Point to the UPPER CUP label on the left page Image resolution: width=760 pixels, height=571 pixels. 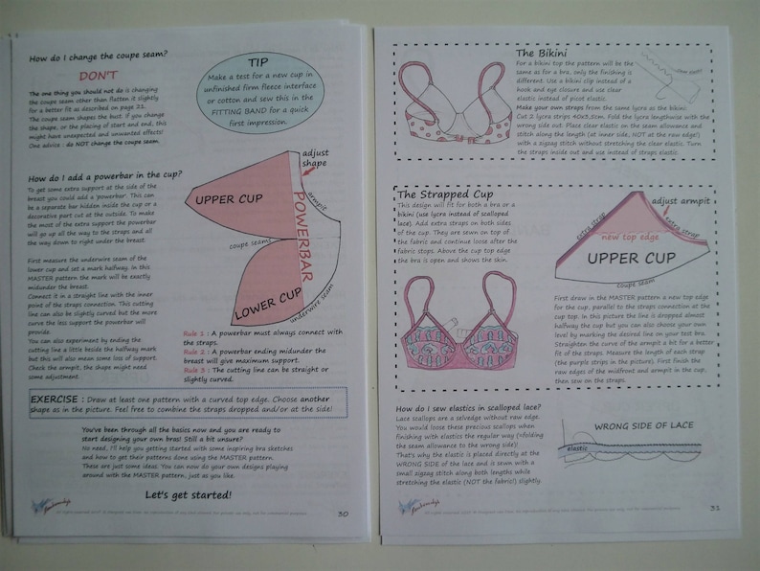click(229, 201)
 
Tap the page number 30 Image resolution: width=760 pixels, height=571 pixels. click(343, 513)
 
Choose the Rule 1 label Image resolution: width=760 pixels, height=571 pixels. click(195, 333)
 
